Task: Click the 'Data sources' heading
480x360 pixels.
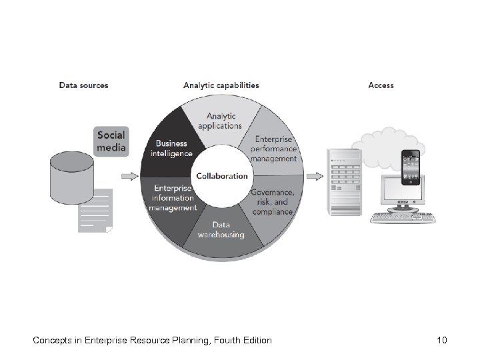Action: point(83,85)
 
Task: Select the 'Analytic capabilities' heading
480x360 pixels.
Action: point(221,85)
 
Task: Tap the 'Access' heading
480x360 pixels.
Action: point(381,85)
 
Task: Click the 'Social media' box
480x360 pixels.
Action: point(110,141)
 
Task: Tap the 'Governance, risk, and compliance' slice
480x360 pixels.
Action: point(271,201)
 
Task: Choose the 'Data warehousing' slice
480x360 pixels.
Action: point(221,230)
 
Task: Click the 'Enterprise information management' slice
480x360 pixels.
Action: point(172,198)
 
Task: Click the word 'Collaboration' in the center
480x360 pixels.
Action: point(221,176)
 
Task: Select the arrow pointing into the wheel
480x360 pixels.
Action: point(130,177)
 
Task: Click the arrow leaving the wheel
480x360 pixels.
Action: point(313,177)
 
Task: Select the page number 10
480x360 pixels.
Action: point(441,341)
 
